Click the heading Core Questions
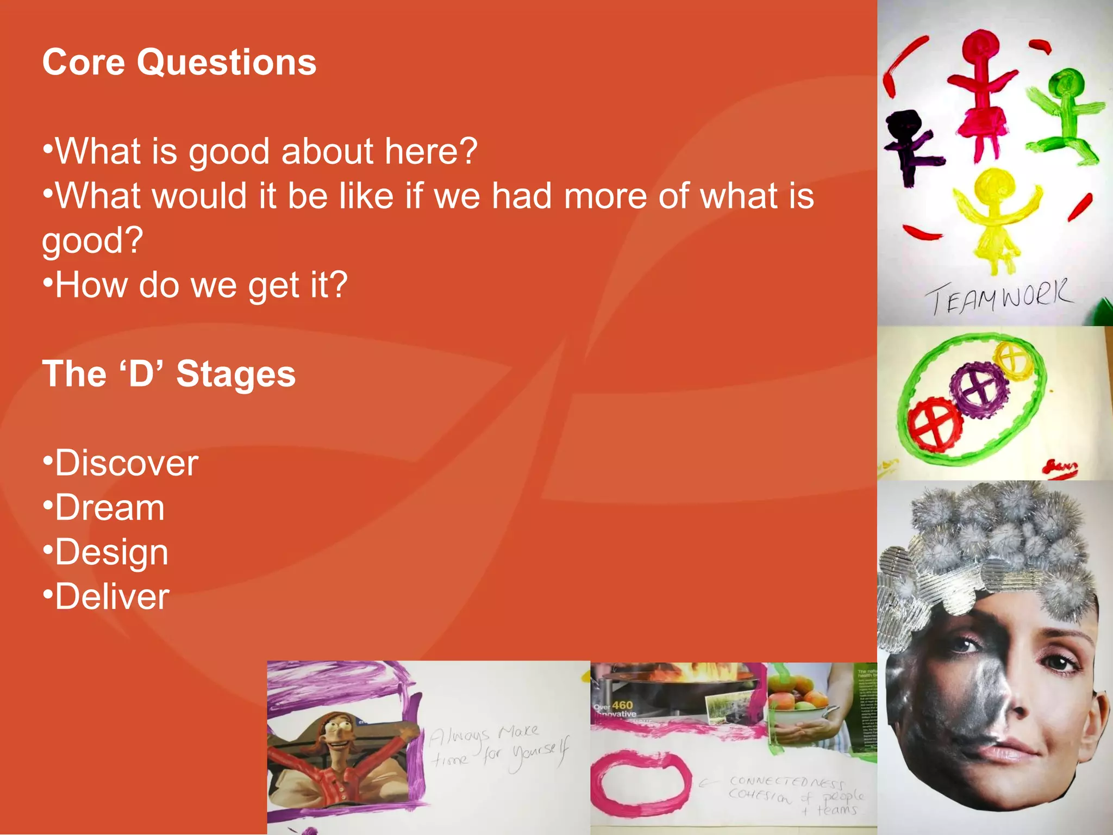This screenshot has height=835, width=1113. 179,62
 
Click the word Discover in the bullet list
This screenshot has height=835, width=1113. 127,463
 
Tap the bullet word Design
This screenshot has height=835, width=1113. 111,552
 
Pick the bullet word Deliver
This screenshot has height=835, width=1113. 112,597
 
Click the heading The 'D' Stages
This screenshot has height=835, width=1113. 169,374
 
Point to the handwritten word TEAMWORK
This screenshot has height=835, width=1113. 999,297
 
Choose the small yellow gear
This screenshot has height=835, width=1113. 1013,359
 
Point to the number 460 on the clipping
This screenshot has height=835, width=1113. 622,705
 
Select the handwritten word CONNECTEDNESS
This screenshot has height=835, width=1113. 786,782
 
